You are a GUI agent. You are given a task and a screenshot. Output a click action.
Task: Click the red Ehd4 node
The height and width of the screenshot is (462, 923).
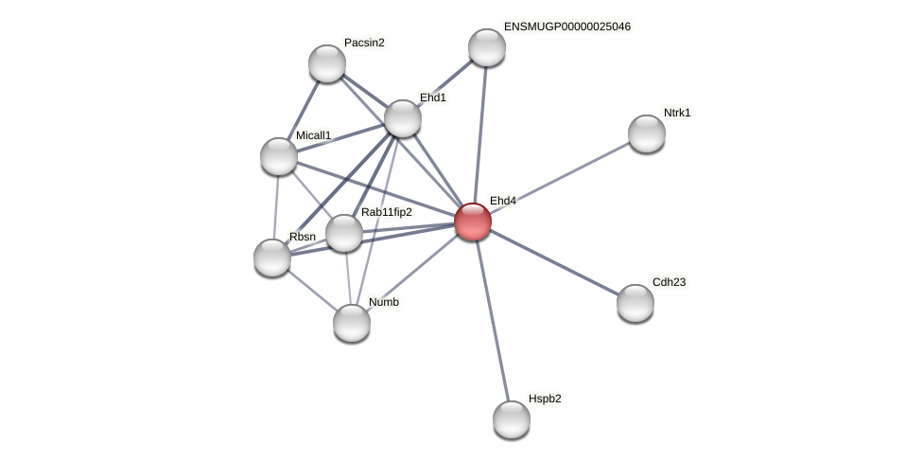[473, 222]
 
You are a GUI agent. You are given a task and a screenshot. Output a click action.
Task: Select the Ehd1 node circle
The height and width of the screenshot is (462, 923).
[403, 118]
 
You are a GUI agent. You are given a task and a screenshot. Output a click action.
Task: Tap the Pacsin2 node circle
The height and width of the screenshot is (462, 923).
[327, 63]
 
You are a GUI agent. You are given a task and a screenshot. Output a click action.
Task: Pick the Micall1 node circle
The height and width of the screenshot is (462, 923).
[279, 156]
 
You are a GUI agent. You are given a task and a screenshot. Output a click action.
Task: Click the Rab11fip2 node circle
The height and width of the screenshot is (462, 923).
[344, 233]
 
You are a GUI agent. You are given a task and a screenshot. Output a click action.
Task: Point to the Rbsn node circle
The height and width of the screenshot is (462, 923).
[272, 258]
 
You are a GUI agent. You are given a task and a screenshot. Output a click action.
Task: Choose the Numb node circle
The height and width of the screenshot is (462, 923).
[352, 323]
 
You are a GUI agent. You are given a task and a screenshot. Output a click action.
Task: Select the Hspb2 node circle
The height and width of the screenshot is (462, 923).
[512, 419]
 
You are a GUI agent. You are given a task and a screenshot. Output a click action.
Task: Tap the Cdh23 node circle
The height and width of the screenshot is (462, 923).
[636, 303]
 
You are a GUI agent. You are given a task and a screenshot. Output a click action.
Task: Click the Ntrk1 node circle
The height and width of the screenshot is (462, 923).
[647, 133]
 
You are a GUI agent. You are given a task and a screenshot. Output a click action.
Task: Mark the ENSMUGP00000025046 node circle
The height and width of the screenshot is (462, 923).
[487, 47]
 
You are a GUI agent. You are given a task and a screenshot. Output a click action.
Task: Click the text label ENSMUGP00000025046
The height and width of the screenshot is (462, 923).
[566, 27]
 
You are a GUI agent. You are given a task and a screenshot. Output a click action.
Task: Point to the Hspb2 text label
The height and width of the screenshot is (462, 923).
[545, 399]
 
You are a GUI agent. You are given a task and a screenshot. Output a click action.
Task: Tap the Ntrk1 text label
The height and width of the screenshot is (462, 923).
[676, 113]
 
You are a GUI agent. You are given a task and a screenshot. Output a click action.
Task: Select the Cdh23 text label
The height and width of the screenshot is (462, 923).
[669, 282]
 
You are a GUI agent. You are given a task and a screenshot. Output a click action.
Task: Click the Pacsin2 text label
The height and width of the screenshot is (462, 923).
[364, 43]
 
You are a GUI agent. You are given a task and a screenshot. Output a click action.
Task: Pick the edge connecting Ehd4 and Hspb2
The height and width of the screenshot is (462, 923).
[492, 320]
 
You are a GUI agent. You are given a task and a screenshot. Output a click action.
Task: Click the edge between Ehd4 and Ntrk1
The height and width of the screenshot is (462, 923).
[560, 177]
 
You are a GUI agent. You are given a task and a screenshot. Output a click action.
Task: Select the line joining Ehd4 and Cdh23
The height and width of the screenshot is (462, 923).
[554, 262]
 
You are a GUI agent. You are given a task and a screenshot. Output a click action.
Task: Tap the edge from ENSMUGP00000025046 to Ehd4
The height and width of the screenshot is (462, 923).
[480, 134]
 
